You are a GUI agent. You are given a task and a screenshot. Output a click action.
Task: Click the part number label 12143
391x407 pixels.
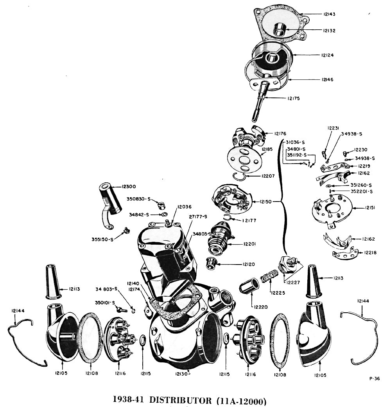[x=329, y=14]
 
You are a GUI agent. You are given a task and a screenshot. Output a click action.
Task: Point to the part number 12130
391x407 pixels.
[x=181, y=374]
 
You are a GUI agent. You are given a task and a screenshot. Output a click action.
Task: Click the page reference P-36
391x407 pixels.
[x=374, y=378]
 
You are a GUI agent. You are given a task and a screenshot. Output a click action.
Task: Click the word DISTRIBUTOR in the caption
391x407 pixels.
[x=178, y=400]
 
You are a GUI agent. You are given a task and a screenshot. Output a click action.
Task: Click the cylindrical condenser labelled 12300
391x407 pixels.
[x=109, y=198]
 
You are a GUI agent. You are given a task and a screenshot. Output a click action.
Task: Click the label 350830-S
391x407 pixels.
[x=139, y=199]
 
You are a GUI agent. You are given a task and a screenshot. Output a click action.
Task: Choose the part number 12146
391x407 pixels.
[x=328, y=79]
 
